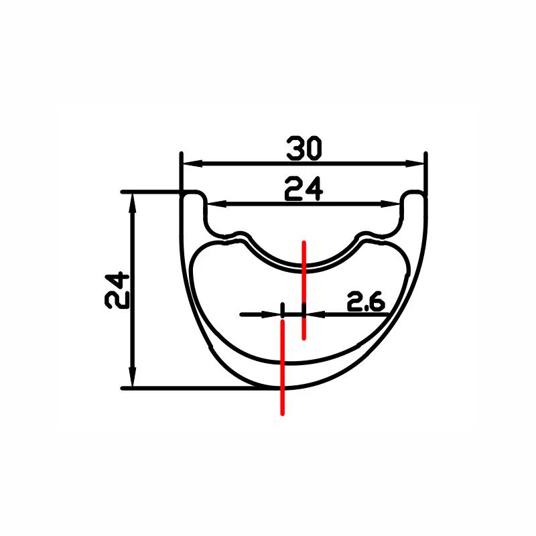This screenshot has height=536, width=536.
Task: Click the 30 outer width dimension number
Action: point(304,147)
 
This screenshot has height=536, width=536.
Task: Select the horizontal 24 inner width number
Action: point(304,190)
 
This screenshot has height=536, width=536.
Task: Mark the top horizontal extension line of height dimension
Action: point(151,192)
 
